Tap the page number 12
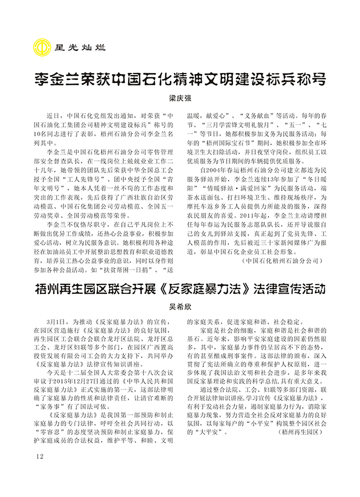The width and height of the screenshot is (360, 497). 39,456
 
